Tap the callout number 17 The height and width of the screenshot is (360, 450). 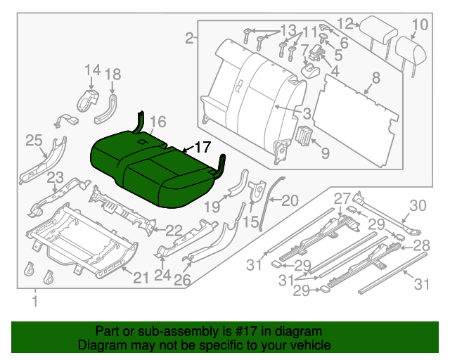(202, 148)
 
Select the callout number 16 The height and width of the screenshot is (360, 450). (157, 122)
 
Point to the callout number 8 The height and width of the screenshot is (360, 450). (375, 78)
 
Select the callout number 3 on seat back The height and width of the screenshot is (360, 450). (307, 113)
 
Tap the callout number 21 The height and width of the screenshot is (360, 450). (141, 278)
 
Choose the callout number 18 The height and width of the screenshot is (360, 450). (112, 74)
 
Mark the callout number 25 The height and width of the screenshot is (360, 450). (34, 141)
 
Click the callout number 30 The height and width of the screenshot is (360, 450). (418, 205)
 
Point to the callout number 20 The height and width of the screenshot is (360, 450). (290, 200)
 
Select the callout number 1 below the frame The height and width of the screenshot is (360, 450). (33, 302)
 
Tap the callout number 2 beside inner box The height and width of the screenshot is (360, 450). (189, 39)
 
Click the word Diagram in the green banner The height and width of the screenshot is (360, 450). (101, 346)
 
